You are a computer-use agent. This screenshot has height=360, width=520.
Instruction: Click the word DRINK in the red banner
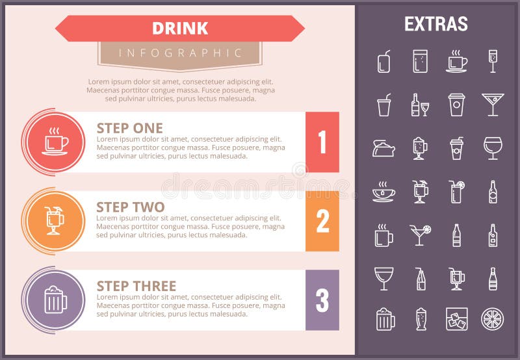point(180,29)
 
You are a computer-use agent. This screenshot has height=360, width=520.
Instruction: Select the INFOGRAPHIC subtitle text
point(180,53)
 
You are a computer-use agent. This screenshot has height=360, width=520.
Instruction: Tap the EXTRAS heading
point(435,24)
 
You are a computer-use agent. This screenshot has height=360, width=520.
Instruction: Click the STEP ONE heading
point(129,128)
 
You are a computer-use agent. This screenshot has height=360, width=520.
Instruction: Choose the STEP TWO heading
point(130,207)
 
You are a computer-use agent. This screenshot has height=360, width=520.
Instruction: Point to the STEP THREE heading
point(136,286)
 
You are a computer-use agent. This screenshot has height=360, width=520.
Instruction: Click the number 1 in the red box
point(322,142)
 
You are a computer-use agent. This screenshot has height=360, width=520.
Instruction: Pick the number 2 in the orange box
point(322,222)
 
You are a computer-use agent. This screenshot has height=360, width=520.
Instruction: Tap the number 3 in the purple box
point(322,300)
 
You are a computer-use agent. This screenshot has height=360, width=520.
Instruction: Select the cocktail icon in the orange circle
point(55,221)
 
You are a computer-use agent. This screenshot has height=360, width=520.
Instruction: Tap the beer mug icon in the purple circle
point(55,300)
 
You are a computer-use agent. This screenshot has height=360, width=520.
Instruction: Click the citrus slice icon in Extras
point(492,319)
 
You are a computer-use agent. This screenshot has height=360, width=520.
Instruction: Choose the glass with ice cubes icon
point(456,319)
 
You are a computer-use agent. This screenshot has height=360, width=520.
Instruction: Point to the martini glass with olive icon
point(493,104)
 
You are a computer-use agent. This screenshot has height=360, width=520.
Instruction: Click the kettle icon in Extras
point(383,148)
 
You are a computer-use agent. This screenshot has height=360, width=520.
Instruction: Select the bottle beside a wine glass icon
point(420,105)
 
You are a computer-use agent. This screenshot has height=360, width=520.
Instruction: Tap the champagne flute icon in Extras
point(492,61)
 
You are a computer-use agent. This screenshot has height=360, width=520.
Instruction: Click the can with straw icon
point(384,61)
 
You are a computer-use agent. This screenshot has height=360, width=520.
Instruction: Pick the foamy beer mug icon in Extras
point(385,319)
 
